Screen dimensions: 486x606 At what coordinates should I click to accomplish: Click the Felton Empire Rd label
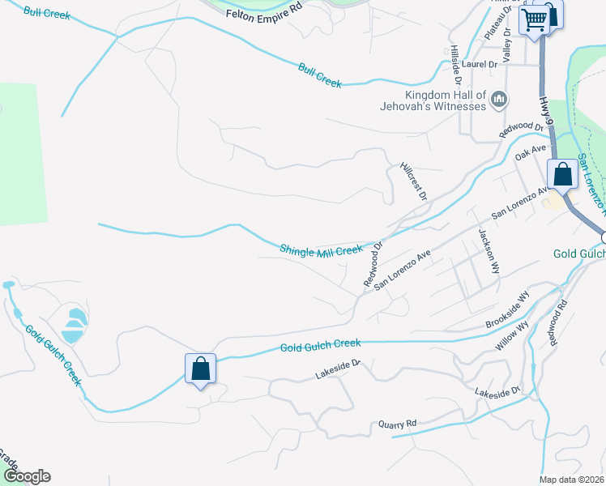point(263,14)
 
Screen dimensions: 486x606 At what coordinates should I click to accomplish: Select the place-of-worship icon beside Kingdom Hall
point(499,100)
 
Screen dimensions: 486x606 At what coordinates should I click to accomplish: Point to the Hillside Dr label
point(456,66)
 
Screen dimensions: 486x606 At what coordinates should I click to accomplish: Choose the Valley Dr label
point(506,45)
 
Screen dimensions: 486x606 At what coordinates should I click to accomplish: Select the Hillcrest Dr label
point(413,181)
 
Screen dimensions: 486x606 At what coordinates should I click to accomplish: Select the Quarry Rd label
point(397,424)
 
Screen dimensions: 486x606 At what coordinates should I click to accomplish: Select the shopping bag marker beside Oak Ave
point(562,173)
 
